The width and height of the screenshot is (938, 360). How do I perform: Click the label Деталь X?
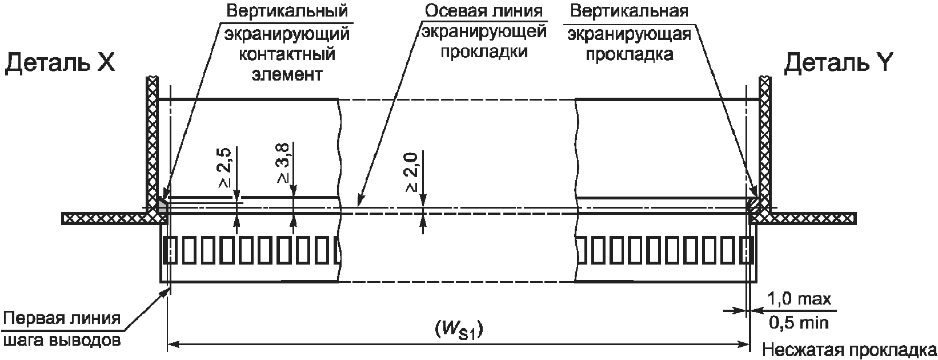pyautogui.click(x=60, y=63)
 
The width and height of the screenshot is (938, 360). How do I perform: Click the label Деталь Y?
pyautogui.click(x=839, y=63)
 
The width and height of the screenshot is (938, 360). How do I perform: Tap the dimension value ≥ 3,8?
pyautogui.click(x=284, y=163)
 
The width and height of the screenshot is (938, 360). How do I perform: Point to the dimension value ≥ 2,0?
pyautogui.click(x=412, y=172)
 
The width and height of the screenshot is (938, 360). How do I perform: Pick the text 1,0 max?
pyautogui.click(x=799, y=299)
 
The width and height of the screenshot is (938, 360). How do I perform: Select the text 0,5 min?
pyautogui.click(x=799, y=323)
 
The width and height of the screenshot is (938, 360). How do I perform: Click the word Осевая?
pyautogui.click(x=454, y=11)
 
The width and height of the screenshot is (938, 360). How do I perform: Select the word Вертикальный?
pyautogui.click(x=287, y=11)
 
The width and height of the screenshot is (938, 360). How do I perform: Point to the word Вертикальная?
pyautogui.click(x=630, y=11)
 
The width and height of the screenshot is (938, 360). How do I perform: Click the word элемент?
pyautogui.click(x=287, y=75)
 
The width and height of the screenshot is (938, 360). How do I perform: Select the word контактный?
pyautogui.click(x=287, y=54)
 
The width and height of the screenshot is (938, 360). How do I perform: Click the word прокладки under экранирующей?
pyautogui.click(x=484, y=52)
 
